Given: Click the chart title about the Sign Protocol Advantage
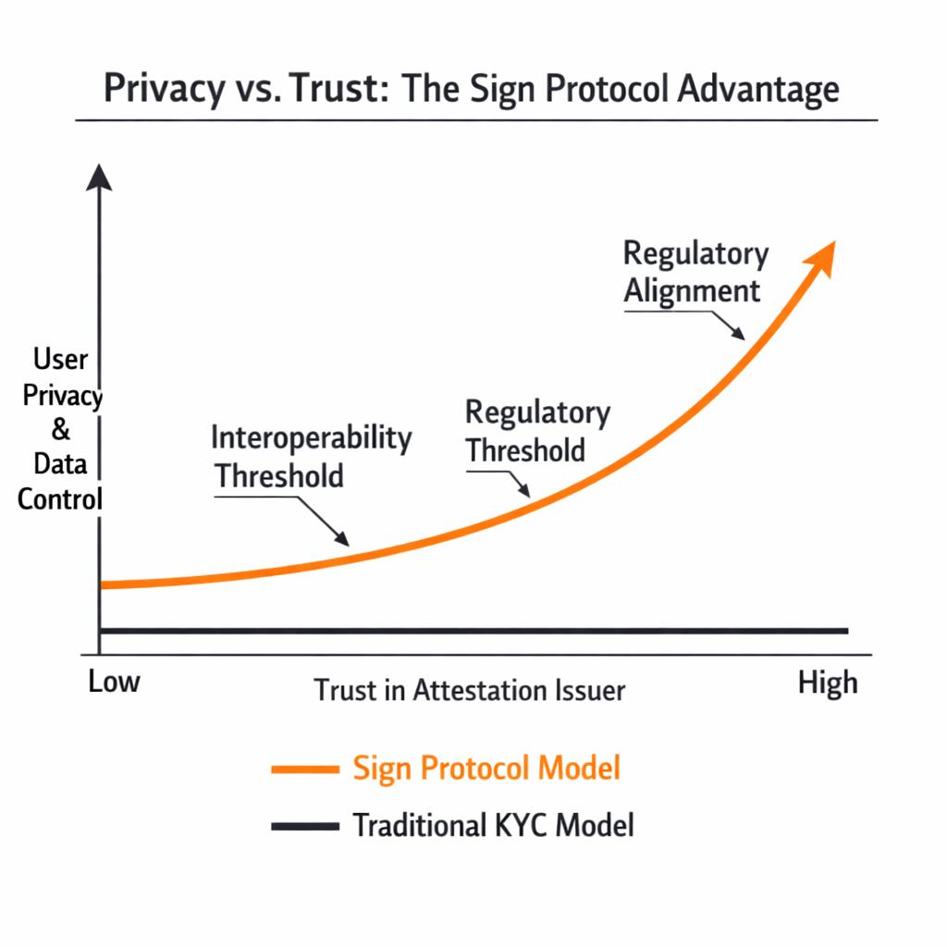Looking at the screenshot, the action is click(472, 91).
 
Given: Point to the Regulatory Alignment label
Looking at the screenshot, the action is click(695, 272).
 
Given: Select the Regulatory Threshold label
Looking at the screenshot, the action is click(536, 431).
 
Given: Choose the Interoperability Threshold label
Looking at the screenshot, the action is click(311, 456).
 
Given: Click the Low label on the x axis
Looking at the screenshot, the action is click(114, 683).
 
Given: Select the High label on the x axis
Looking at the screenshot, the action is click(827, 683).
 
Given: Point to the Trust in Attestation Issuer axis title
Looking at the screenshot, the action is click(470, 690).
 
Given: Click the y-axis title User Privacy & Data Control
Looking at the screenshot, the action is click(61, 429).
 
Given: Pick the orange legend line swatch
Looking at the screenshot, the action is click(304, 769).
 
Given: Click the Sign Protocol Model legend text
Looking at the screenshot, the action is click(486, 768).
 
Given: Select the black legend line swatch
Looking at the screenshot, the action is click(304, 826).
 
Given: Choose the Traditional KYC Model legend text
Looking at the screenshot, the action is click(493, 825).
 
